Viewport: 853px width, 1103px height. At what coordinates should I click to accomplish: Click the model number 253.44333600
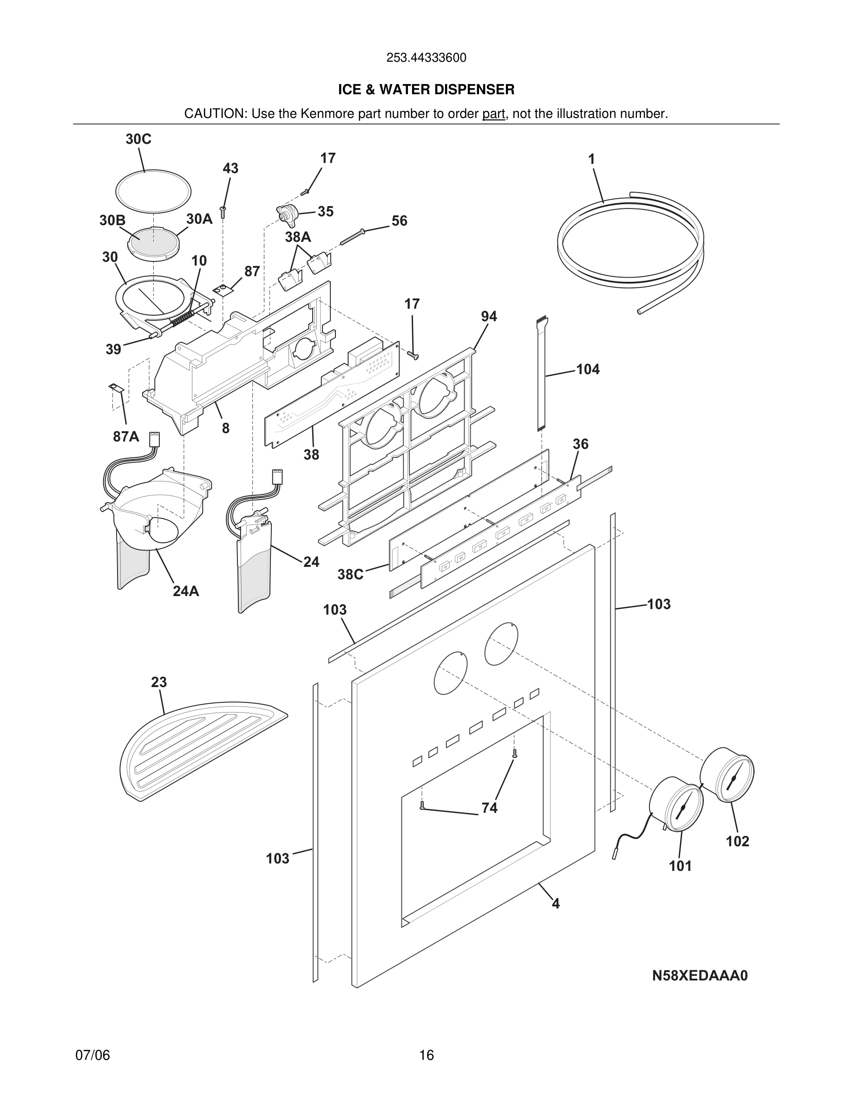[x=426, y=58]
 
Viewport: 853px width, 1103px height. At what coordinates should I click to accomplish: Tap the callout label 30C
[x=138, y=139]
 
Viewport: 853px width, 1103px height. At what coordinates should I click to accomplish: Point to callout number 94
[x=489, y=317]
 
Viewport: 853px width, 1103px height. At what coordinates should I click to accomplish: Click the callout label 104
[x=588, y=370]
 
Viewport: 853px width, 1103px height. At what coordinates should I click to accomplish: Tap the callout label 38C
[x=350, y=575]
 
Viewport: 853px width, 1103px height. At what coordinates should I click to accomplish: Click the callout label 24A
[x=185, y=591]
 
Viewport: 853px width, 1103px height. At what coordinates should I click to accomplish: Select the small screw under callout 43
[x=223, y=212]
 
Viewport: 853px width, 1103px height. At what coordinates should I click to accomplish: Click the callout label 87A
[x=126, y=437]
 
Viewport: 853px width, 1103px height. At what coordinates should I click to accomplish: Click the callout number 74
[x=489, y=808]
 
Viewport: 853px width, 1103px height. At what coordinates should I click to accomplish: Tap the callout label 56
[x=399, y=221]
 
